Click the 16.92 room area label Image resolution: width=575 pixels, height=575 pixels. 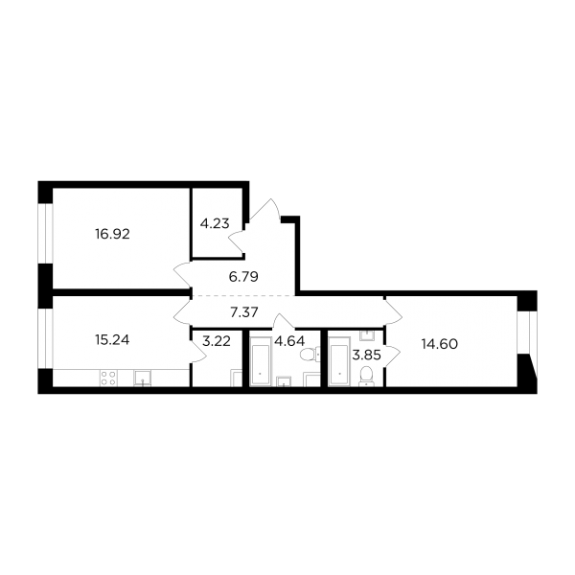click(x=112, y=234)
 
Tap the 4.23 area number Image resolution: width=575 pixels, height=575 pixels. click(x=215, y=223)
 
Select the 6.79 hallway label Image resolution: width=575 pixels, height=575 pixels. click(x=243, y=277)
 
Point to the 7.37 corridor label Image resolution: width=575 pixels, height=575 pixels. click(x=244, y=312)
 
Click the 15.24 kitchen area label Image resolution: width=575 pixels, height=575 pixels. click(x=112, y=340)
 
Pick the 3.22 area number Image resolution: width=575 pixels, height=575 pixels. click(x=217, y=341)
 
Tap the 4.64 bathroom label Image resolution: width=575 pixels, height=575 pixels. click(x=289, y=341)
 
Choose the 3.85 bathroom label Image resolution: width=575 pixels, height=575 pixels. click(x=366, y=355)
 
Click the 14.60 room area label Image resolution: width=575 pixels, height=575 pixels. click(x=440, y=344)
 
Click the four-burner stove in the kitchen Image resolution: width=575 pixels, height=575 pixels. click(x=109, y=379)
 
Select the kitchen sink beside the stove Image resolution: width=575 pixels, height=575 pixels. click(x=142, y=379)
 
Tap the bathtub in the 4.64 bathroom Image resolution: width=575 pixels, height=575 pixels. click(x=260, y=361)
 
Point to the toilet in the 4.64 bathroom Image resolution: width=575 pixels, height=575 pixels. click(x=310, y=355)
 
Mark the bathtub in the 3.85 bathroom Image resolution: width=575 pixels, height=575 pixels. click(x=339, y=361)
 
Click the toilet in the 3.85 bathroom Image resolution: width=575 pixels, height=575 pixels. click(x=366, y=377)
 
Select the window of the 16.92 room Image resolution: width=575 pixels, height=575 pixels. click(x=46, y=233)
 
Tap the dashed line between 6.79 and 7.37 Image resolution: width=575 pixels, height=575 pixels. click(x=243, y=295)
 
